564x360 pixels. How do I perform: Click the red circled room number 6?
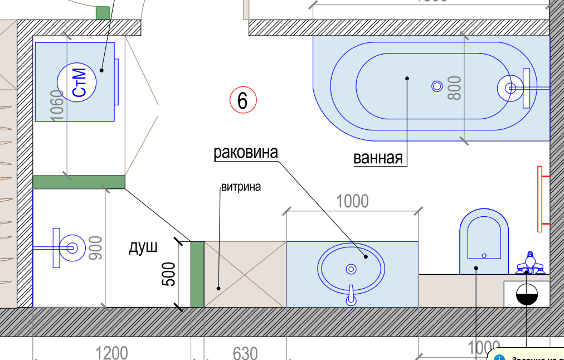[243, 101]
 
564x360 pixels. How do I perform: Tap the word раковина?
[245, 152]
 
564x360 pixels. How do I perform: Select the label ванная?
[378, 158]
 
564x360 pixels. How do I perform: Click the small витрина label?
[241, 187]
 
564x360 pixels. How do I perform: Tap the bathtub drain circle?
[437, 86]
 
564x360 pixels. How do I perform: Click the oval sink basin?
[351, 269]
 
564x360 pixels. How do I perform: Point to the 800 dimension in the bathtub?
[455, 87]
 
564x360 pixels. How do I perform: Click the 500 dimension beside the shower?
[169, 274]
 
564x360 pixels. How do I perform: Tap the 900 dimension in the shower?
[96, 249]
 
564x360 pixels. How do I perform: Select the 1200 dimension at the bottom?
[111, 353]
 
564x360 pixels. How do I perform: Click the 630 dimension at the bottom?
[245, 353]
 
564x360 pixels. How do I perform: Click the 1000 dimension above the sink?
[352, 201]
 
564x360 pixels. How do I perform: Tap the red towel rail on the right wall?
[540, 199]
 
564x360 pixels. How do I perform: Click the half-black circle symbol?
[526, 294]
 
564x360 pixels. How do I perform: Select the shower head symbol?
[71, 247]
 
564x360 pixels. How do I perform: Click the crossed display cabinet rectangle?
[245, 274]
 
